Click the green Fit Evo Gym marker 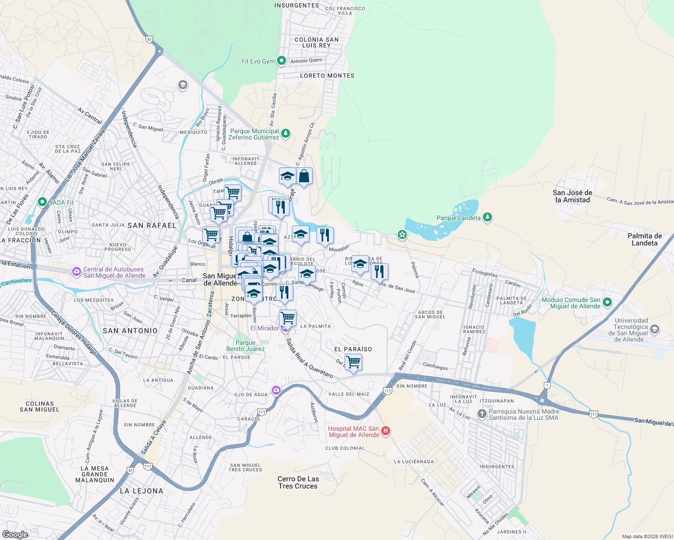click(x=282, y=60)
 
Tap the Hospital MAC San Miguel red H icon click(x=386, y=431)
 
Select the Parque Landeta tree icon click(x=487, y=217)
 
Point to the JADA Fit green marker click(x=42, y=202)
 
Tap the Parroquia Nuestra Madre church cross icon click(x=482, y=414)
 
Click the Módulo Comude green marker click(x=607, y=302)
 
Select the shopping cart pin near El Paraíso click(x=354, y=361)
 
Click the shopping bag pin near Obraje click(x=304, y=176)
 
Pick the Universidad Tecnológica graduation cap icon click(x=655, y=329)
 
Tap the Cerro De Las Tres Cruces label click(x=298, y=482)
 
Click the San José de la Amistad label click(x=572, y=196)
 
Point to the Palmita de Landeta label click(x=645, y=239)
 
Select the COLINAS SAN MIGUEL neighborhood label click(x=40, y=407)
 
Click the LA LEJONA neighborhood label click(x=141, y=491)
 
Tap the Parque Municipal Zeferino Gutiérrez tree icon click(x=285, y=133)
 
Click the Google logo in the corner click(x=15, y=534)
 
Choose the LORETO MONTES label click(x=327, y=76)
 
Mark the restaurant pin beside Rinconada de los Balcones click(x=379, y=271)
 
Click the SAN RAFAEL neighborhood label click(x=152, y=225)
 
